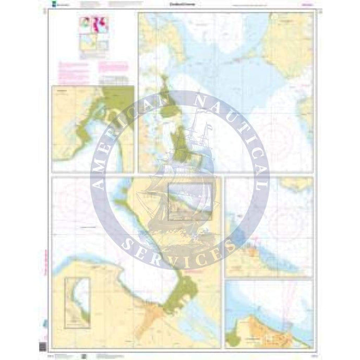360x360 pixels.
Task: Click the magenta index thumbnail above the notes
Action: point(93,25)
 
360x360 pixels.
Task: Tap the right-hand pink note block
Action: point(113,67)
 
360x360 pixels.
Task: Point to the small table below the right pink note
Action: point(114,80)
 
